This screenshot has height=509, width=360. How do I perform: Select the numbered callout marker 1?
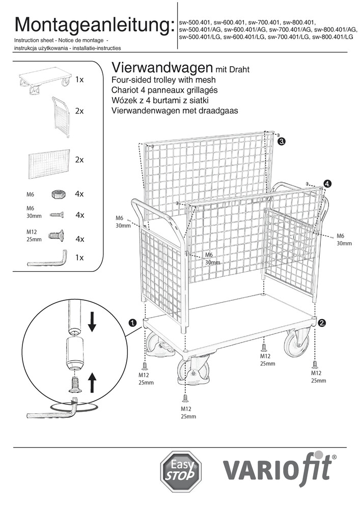(x=133, y=323)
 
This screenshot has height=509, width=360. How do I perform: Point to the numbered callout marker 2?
(x=322, y=322)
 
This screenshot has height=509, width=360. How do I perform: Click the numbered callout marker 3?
(x=282, y=142)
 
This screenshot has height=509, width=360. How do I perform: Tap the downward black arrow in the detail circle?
(x=92, y=321)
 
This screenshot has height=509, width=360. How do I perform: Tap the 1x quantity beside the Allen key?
(x=79, y=258)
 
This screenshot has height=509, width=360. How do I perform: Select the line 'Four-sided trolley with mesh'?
(x=163, y=80)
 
